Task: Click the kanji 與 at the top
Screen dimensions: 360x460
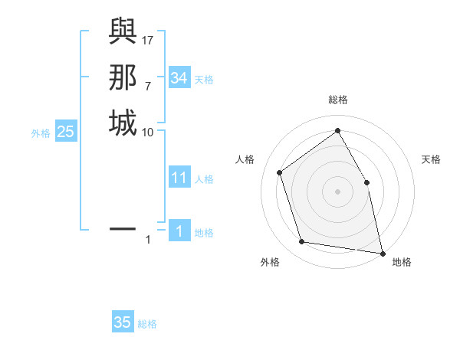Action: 122,34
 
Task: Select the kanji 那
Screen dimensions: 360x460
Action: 122,79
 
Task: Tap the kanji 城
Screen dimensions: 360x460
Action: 122,123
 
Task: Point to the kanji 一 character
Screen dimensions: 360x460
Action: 122,228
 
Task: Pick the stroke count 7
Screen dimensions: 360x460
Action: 147,87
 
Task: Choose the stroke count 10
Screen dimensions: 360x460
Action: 148,133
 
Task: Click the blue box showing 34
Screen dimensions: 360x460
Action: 179,77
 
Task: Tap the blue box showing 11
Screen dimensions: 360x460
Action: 179,178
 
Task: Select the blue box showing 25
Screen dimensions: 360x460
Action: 65,132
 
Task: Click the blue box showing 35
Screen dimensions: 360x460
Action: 122,322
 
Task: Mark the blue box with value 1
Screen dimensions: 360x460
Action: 179,231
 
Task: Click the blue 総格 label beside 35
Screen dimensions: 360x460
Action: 147,324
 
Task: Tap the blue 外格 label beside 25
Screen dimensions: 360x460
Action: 41,133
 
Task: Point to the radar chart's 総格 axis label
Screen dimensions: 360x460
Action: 337,100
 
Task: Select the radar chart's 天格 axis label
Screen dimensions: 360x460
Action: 432,159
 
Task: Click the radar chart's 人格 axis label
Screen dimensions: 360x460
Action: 245,159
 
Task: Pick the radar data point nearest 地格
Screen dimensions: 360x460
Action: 382,252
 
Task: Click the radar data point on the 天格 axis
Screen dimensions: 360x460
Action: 366,182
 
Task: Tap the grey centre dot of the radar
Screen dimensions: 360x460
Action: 337,191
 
